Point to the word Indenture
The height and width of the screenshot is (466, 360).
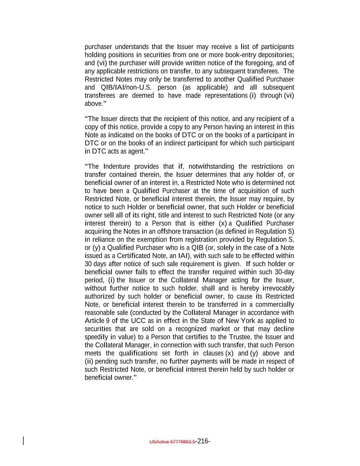[x=116, y=167]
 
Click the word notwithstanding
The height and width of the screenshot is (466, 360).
[x=211, y=167]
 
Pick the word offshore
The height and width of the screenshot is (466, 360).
[x=165, y=231]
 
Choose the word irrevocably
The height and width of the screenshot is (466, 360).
[x=278, y=288]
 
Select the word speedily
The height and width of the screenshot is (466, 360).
[x=97, y=337]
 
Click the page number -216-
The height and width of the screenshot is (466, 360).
[x=203, y=441]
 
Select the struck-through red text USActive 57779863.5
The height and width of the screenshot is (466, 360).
[x=172, y=442]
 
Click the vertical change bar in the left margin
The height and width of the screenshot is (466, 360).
[x=23, y=441]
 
